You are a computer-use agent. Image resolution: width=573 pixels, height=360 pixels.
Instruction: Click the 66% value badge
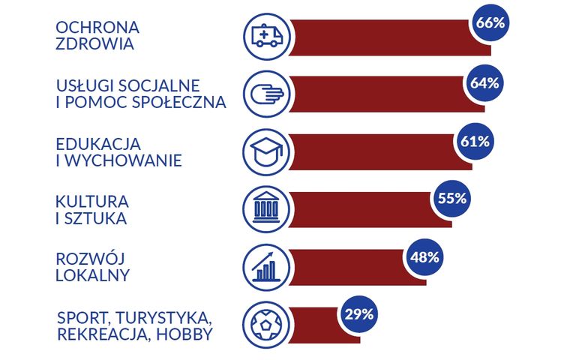click(490, 23)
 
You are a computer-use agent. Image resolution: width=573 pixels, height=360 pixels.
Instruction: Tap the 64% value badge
click(484, 82)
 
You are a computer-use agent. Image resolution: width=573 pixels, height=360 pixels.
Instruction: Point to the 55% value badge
click(451, 199)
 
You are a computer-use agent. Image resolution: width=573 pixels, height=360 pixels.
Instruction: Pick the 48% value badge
click(424, 256)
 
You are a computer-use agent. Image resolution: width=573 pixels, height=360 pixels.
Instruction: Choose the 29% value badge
click(359, 315)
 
